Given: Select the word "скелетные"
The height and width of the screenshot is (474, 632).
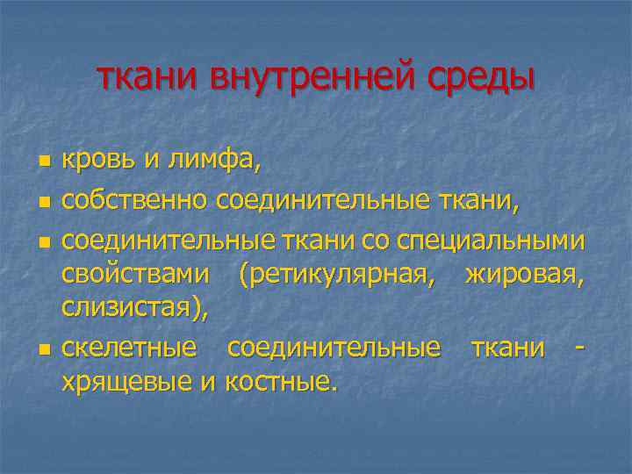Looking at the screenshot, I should [129, 347].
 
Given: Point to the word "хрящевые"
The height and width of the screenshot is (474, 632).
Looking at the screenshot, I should [125, 383].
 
